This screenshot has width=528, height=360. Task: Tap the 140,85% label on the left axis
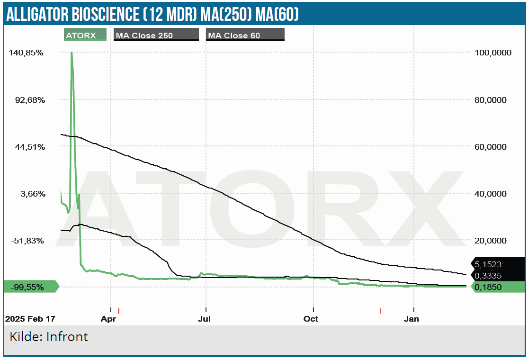point(27,53)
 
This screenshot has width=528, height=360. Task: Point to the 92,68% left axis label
point(28,100)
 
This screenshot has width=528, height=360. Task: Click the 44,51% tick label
point(28,147)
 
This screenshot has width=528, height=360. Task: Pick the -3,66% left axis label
point(29,194)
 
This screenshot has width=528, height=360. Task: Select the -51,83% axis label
point(28,241)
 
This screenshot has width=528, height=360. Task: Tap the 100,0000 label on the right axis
point(493,53)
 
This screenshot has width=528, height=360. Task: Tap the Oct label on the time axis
point(311,319)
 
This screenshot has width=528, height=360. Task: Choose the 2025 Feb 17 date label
point(29,319)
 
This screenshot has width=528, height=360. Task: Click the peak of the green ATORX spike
point(72,53)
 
